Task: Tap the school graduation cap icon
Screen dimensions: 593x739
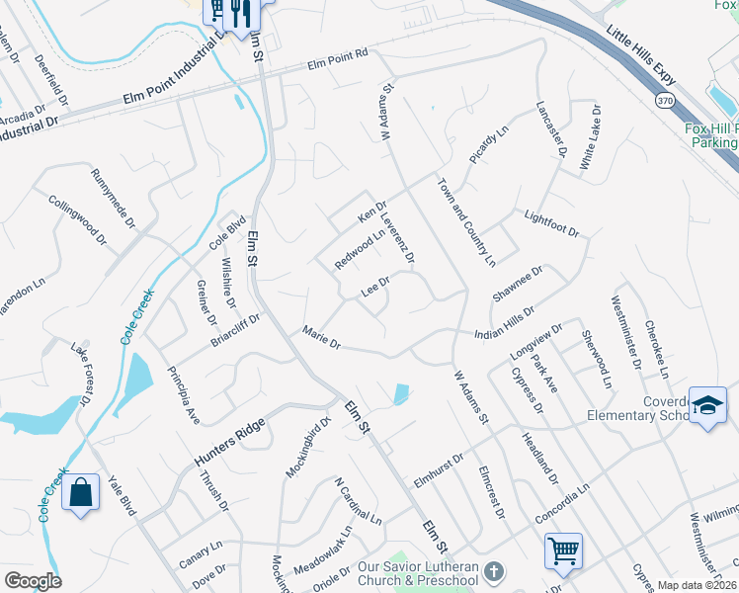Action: coord(707,407)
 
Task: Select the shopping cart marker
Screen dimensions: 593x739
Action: coord(562,550)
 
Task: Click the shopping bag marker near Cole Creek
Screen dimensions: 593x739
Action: coord(80,491)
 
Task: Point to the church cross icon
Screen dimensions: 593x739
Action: coord(495,572)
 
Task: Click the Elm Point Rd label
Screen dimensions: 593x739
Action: coord(337,61)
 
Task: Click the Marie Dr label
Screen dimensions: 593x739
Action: coord(321,338)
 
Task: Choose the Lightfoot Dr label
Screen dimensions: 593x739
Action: coord(550,223)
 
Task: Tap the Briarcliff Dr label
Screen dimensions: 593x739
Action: coord(234,330)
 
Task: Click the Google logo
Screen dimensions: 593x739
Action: coord(33,581)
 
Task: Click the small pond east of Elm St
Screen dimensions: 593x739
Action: coord(399,394)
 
